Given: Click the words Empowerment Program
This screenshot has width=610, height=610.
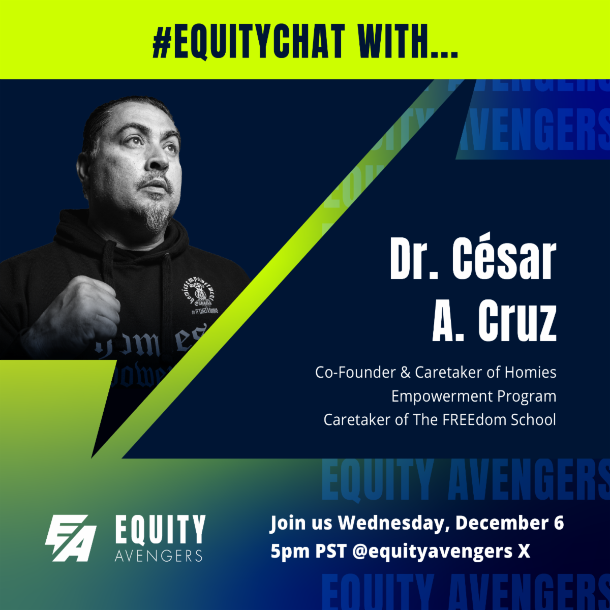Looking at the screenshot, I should tap(474, 396).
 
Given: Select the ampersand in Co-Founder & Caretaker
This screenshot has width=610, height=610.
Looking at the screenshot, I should tap(405, 373).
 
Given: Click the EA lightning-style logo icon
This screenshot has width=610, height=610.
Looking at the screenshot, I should tap(71, 538).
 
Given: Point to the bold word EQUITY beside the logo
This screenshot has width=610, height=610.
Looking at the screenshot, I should tap(160, 530).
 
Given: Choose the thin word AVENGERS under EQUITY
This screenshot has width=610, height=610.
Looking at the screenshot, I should tap(159, 555).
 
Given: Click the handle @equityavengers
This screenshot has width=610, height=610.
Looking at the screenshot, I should tap(432, 551).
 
